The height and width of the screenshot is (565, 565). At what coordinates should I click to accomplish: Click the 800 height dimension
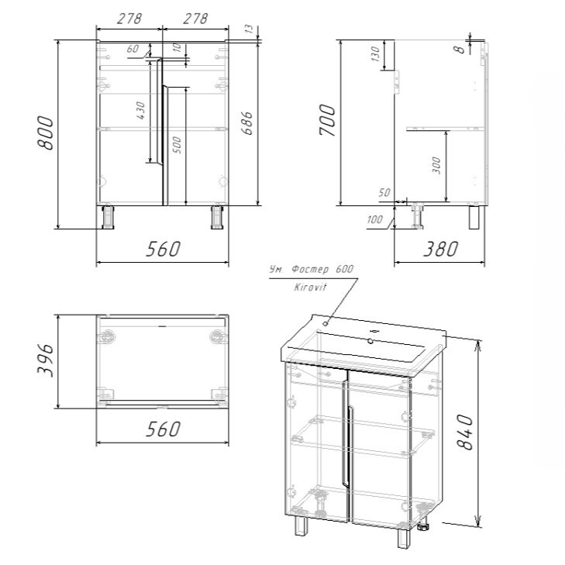pos(46,133)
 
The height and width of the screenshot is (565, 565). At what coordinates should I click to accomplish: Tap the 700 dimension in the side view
pos(328,120)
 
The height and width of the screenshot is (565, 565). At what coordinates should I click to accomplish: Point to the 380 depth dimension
pos(440,249)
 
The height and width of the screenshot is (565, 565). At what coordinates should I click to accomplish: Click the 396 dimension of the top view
pos(46,360)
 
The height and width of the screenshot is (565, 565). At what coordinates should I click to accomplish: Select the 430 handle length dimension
pos(141,111)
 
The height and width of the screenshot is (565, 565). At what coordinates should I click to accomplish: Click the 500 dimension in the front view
pos(177,145)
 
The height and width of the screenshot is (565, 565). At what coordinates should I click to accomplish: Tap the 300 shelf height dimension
pos(436,165)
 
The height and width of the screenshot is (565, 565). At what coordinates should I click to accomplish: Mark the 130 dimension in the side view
pos(375,53)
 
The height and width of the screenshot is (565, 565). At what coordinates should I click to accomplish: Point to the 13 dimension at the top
pos(250,29)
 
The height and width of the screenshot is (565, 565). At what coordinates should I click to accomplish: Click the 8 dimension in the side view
pos(461,49)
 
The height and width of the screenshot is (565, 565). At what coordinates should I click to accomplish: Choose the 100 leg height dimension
pos(374,219)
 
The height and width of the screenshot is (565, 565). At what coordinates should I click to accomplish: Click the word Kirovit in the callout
pos(310,288)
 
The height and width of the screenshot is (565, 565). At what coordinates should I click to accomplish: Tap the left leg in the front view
pos(108,217)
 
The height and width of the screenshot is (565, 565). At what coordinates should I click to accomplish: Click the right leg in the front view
pos(217,217)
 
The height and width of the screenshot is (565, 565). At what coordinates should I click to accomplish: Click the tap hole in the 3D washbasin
pos(370,340)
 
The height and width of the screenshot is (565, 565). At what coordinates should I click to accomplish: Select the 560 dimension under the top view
pos(163,429)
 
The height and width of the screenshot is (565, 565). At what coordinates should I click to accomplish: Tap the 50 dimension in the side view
pos(384,193)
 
